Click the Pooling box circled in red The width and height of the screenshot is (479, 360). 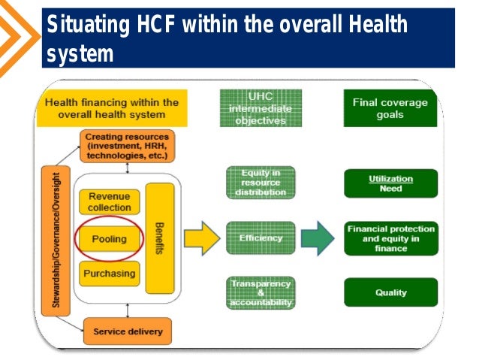tap(110, 239)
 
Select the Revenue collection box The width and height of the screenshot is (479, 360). tap(110, 202)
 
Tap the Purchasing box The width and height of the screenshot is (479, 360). tap(110, 274)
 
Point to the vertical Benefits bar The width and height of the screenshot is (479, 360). tap(160, 237)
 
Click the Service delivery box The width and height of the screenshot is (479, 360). tap(127, 331)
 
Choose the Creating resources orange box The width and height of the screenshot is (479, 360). tap(126, 147)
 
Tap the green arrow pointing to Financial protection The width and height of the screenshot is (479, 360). tap(317, 237)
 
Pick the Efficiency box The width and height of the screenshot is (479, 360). tap(261, 238)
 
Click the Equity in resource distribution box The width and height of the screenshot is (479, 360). tap(261, 182)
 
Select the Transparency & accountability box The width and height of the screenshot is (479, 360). tap(261, 292)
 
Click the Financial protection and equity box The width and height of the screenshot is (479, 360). tap(390, 237)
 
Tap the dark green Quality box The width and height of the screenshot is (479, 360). tap(390, 292)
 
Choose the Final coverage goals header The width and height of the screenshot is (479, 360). tap(390, 109)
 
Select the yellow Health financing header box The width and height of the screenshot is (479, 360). tap(112, 108)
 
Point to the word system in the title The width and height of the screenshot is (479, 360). tap(79, 54)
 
